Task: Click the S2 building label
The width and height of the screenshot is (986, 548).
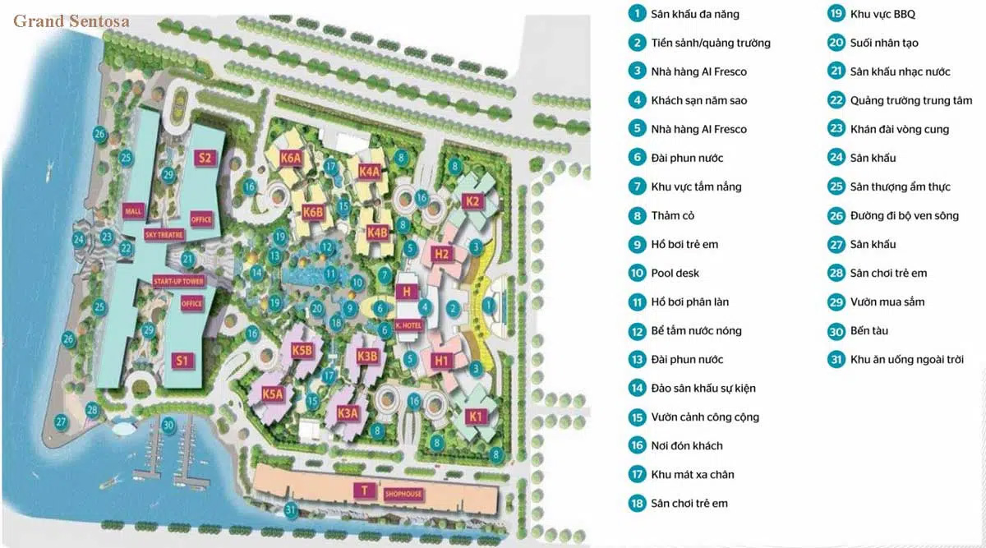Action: [204, 159]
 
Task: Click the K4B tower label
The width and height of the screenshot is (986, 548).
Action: [377, 232]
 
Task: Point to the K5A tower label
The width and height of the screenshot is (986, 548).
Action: [273, 395]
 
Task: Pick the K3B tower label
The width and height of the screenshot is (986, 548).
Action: [367, 356]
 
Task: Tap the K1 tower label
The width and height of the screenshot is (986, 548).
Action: [475, 417]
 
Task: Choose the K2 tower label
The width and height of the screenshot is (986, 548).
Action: [472, 201]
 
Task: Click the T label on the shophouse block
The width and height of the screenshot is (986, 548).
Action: [362, 490]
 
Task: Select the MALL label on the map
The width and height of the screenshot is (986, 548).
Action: [134, 211]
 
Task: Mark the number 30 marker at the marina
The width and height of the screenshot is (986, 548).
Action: [168, 425]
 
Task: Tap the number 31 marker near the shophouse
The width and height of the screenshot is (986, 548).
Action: [289, 510]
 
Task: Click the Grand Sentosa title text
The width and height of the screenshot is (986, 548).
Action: [71, 21]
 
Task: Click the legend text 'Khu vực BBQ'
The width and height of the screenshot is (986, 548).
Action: [882, 14]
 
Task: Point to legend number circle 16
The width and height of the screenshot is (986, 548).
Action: [637, 445]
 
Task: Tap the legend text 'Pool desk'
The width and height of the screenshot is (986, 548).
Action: [675, 273]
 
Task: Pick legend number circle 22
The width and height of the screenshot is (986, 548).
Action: [836, 100]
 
